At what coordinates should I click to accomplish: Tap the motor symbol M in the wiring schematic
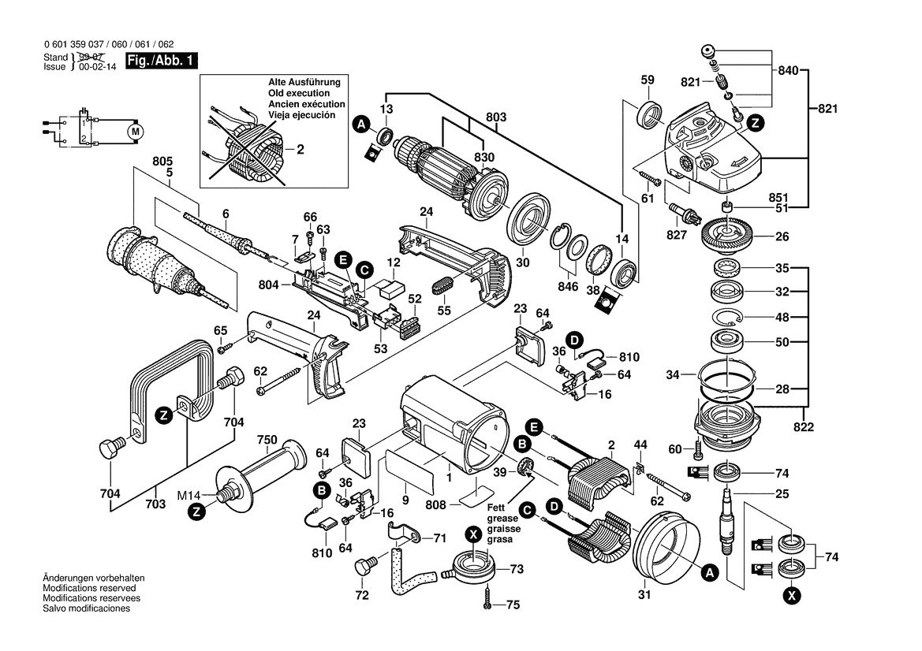pos(135,128)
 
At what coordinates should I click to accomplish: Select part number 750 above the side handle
pos(267,440)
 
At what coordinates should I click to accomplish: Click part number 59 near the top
pos(648,80)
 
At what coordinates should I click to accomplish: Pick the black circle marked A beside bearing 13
pos(360,124)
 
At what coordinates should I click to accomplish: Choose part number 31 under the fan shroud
pos(644,595)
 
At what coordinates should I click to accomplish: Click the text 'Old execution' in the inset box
pos(293,93)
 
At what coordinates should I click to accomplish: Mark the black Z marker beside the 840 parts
pos(755,122)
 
